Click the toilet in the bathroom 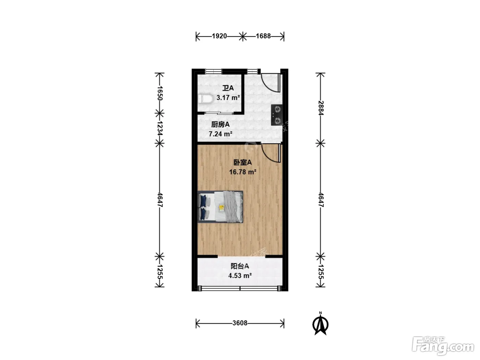206,99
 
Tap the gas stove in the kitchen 277,115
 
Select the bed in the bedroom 220,207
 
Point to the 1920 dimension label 219,36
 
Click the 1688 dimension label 263,36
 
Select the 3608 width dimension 240,323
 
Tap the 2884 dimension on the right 321,108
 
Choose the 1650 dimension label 160,93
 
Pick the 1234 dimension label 160,129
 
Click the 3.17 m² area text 228,97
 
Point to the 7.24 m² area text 220,134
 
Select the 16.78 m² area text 243,172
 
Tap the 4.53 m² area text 240,275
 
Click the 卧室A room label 242,163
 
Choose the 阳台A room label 240,266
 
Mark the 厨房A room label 220,124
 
